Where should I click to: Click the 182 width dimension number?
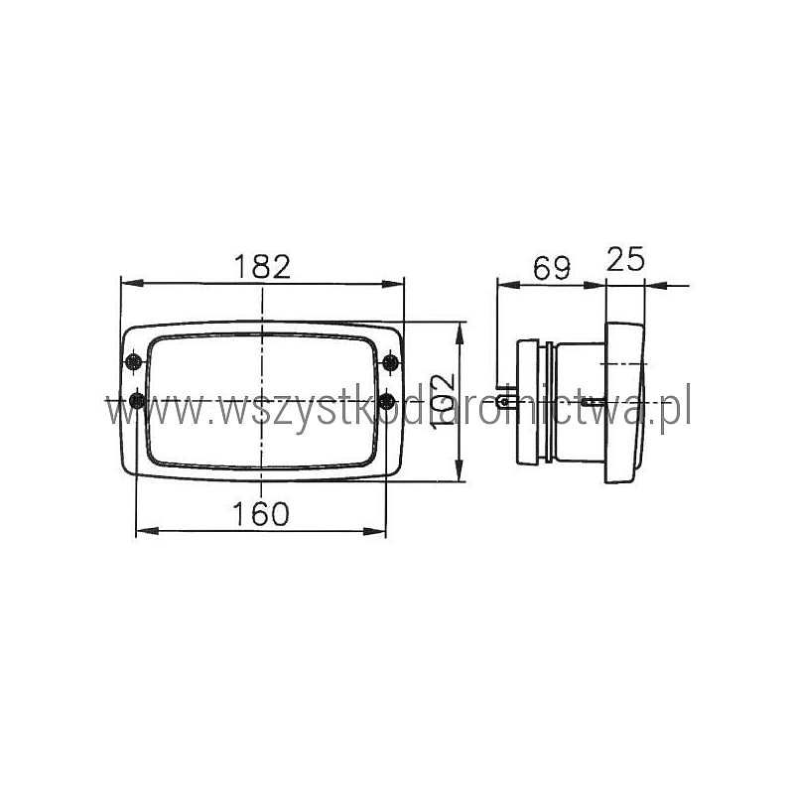262,266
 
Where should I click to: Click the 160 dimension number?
261,513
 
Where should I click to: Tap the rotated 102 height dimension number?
444,403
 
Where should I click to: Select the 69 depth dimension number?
552,267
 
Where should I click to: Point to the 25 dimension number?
625,259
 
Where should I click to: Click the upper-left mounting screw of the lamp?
134,362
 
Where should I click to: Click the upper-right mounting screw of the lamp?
391,362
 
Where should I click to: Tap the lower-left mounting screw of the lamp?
137,401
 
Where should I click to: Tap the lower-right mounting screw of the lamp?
387,401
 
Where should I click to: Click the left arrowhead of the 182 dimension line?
132,283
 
